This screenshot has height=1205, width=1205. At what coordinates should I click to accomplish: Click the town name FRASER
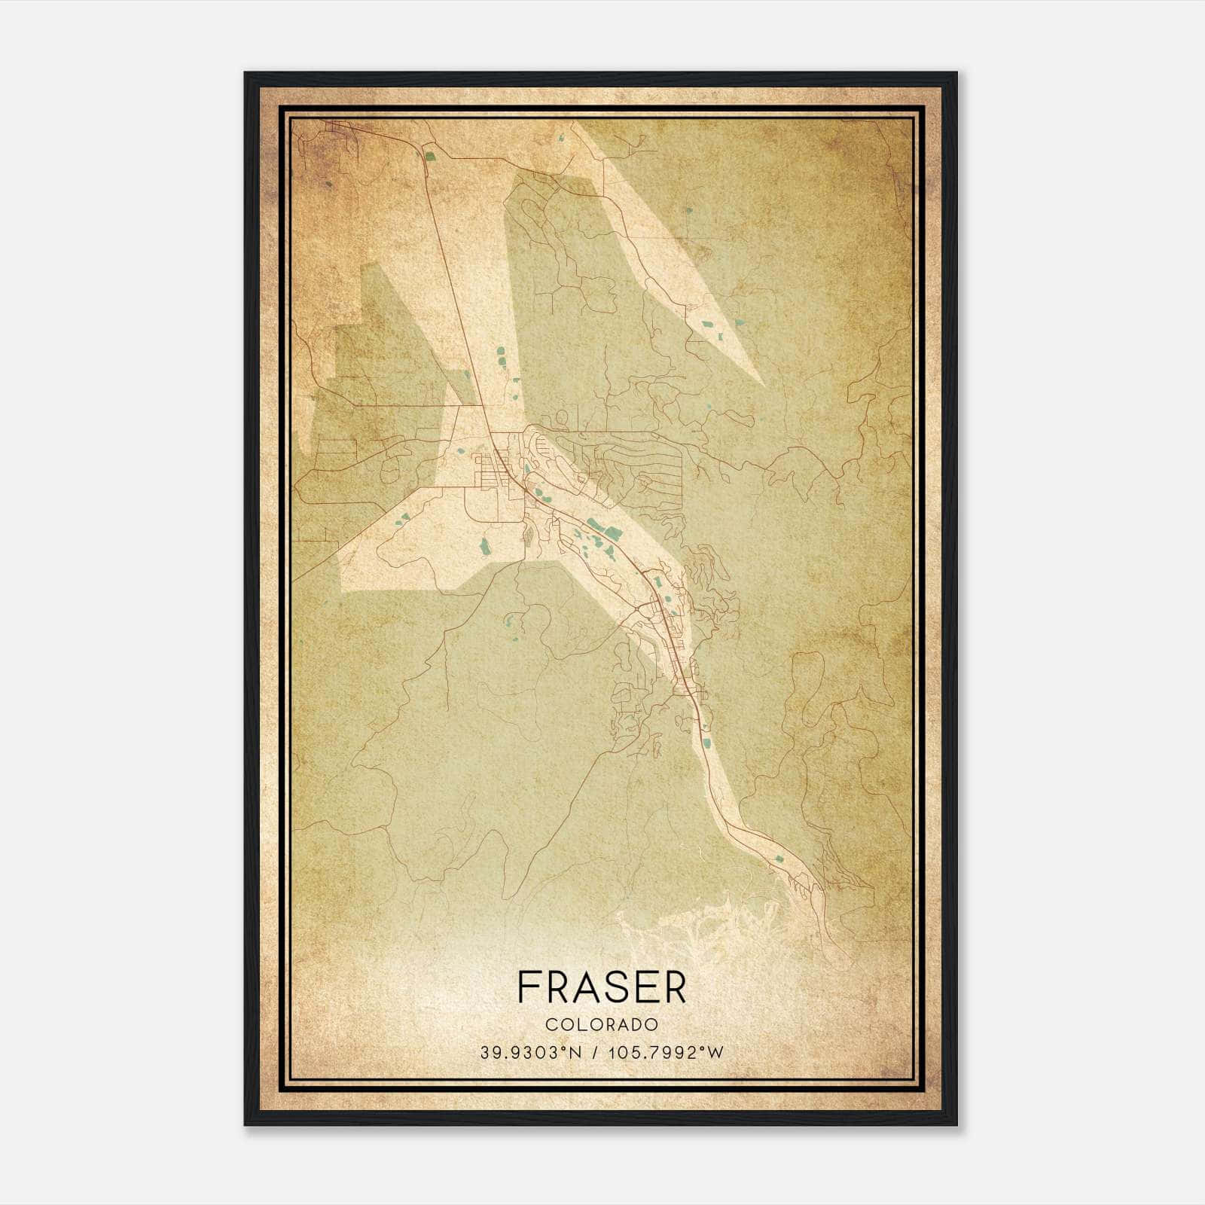[x=602, y=987]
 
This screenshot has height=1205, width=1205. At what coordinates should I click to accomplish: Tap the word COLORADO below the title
[x=602, y=1025]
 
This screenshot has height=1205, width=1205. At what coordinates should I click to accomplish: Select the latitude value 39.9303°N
[x=531, y=1053]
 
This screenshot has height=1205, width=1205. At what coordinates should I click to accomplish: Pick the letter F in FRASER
[x=529, y=987]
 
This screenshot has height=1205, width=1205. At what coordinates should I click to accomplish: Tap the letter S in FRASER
[x=615, y=987]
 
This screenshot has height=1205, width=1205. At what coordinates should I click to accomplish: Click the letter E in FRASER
[x=644, y=987]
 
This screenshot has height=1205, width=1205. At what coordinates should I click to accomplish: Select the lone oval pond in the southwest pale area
[x=484, y=545]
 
